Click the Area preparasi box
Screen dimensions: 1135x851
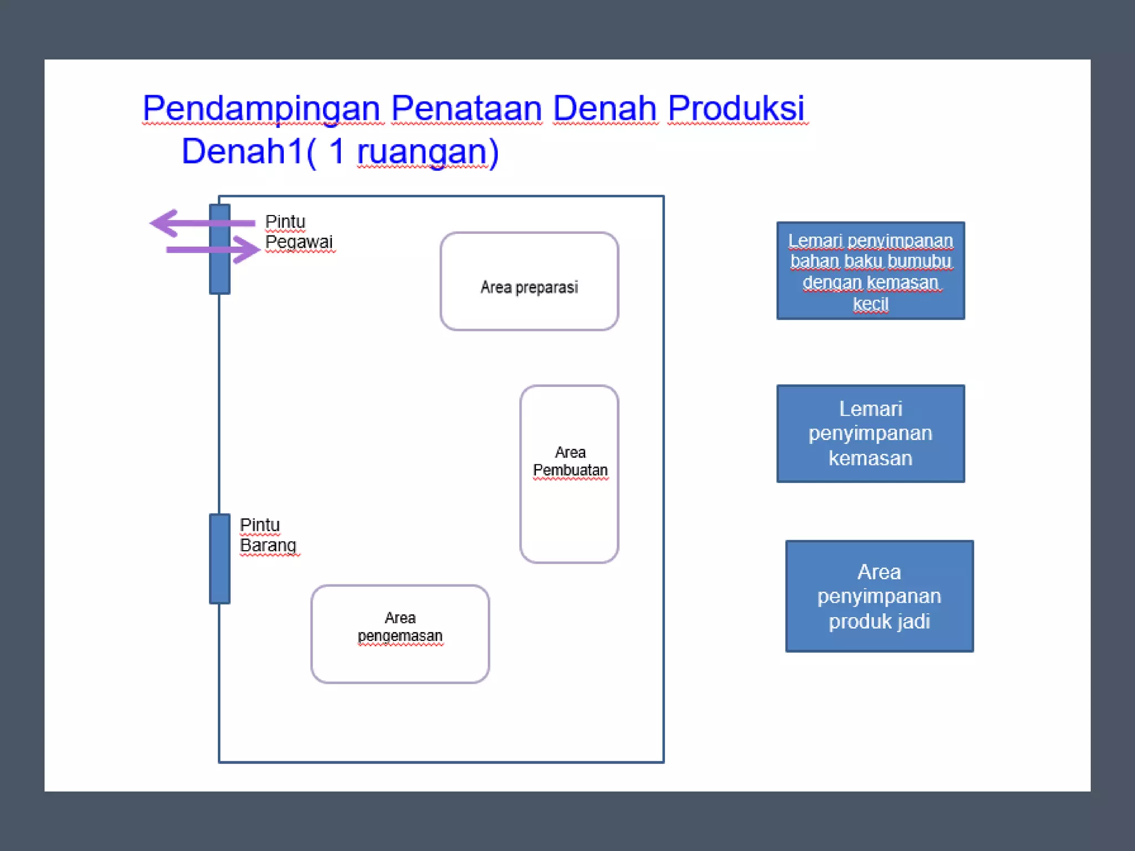[x=529, y=281]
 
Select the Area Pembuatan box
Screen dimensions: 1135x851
[x=569, y=474]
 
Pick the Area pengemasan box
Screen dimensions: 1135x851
[x=400, y=634]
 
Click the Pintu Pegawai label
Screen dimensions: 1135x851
[x=298, y=232]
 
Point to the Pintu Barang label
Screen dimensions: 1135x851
[x=268, y=535]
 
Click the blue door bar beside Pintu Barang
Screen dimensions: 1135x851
[x=219, y=558]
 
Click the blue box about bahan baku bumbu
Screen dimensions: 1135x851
[x=870, y=270]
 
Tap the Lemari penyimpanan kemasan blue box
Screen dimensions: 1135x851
[x=870, y=433]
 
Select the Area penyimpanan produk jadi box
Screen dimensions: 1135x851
[x=879, y=596]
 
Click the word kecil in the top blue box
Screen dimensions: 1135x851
[x=870, y=304]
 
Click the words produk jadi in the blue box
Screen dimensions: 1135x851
[x=879, y=621]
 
